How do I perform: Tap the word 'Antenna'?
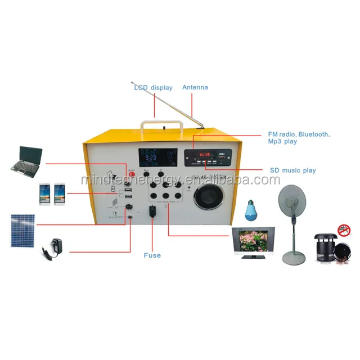pos(195,87)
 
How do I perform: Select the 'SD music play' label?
pos(292,170)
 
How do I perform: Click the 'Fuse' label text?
pos(152,255)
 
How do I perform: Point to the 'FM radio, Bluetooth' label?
pos(299,135)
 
